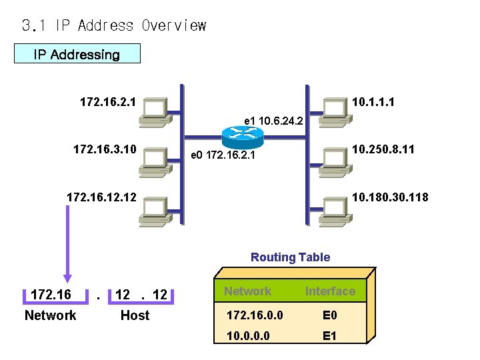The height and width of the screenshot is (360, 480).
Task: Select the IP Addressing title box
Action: (x=77, y=54)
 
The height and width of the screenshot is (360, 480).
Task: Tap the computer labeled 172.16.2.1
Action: (x=154, y=112)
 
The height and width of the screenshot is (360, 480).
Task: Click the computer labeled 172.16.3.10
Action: (x=154, y=161)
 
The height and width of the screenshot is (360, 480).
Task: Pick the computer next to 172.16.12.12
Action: (x=154, y=210)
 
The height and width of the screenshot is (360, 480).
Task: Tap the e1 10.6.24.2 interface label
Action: (x=273, y=121)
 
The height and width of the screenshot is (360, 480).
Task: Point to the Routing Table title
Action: (x=290, y=257)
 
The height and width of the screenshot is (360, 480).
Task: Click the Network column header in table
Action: (x=247, y=291)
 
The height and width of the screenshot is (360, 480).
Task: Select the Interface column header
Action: (x=330, y=291)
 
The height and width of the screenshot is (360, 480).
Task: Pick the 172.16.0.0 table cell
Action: (x=249, y=313)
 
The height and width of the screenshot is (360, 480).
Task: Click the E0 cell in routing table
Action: (x=329, y=313)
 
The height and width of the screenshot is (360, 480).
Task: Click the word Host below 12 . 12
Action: (x=135, y=315)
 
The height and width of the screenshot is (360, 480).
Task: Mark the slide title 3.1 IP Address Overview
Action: (x=114, y=26)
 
